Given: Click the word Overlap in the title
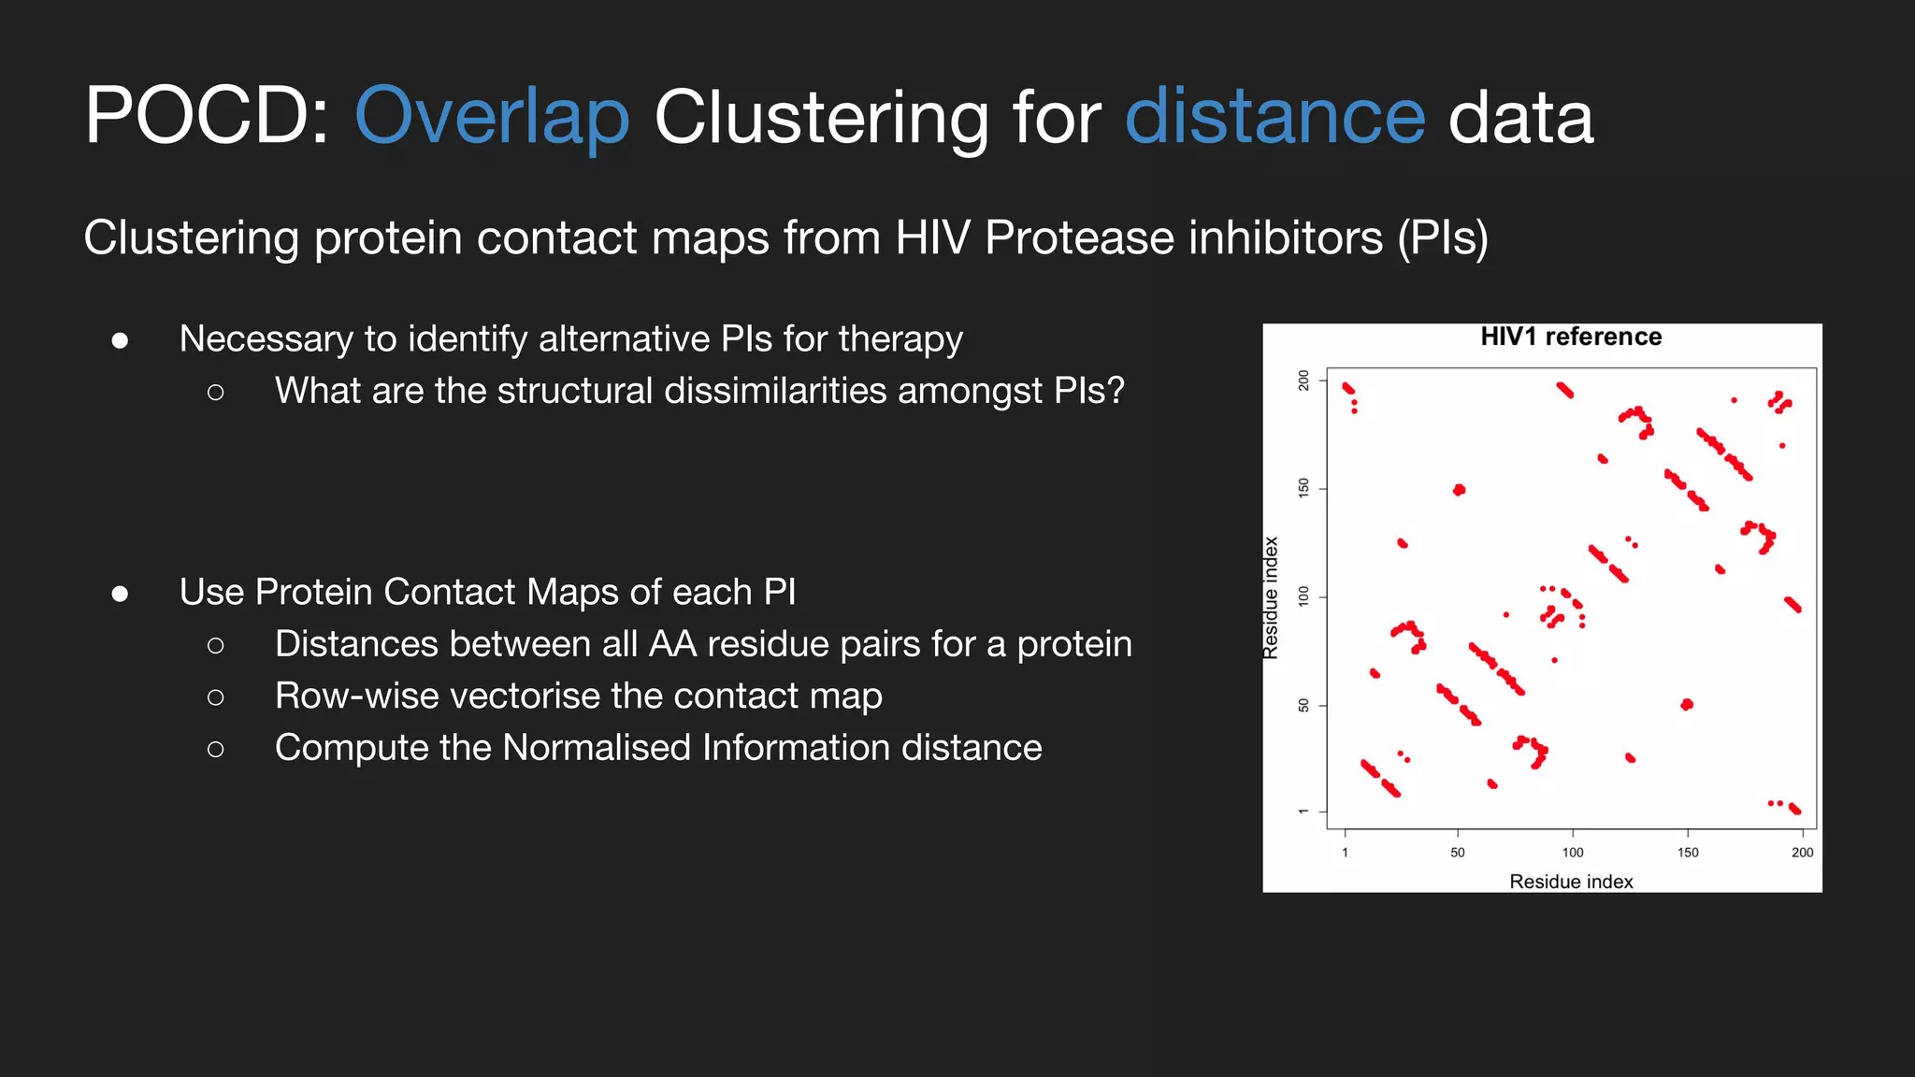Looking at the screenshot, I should (x=492, y=117).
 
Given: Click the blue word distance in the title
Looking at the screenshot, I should (x=1274, y=117).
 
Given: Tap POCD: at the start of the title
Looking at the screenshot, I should (x=206, y=117).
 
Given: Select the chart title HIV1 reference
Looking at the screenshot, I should (x=1571, y=337).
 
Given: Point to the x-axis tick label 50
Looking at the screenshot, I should (x=1457, y=853).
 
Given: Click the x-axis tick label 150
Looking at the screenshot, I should (x=1688, y=853).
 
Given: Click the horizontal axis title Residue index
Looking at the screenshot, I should (x=1571, y=882).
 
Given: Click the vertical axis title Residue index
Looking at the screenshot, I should (x=1271, y=598).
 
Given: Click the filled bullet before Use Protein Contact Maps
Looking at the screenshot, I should (x=120, y=594).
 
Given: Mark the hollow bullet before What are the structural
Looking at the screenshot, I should (x=216, y=393).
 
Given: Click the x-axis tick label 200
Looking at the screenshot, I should (x=1802, y=853).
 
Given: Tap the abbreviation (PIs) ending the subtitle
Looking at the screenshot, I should (x=1442, y=237).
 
